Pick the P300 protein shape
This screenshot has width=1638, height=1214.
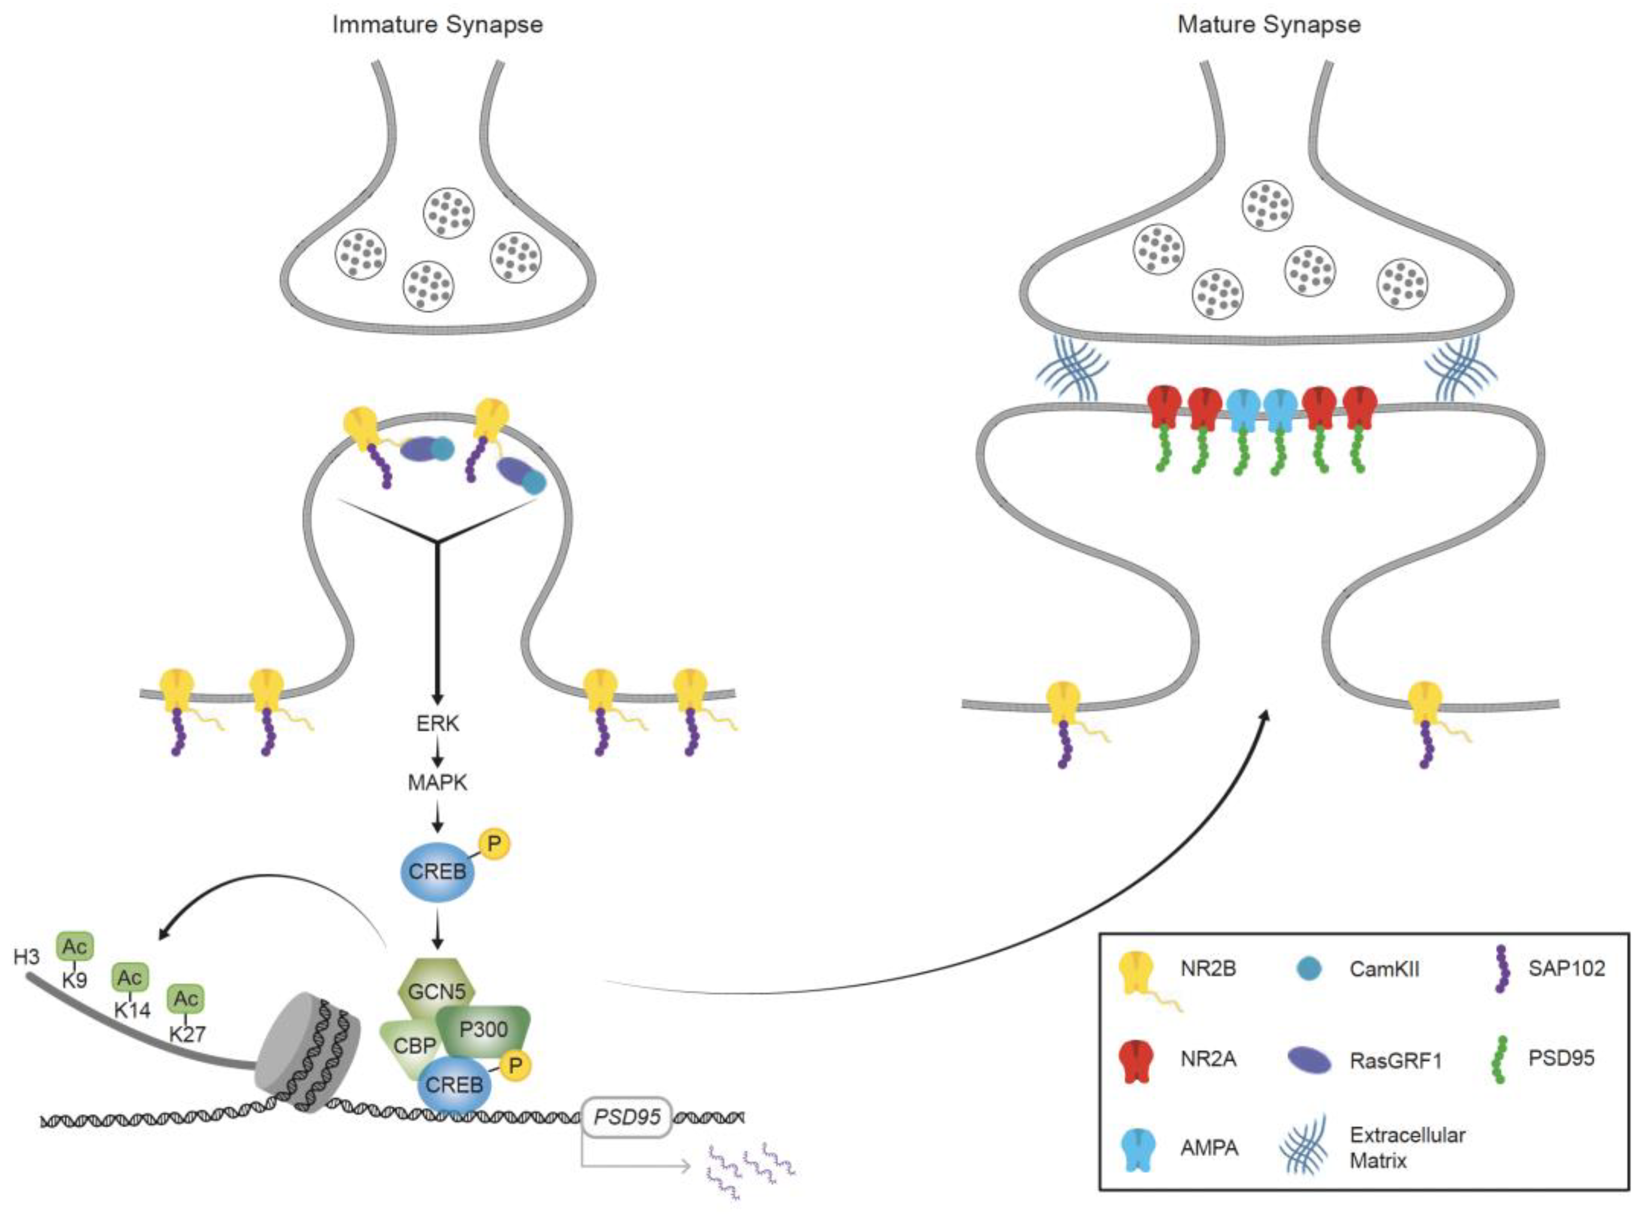[483, 1030]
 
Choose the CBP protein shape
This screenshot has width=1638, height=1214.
[411, 1045]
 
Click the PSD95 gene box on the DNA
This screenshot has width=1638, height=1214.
[627, 1118]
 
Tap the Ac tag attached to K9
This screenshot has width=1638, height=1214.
[75, 947]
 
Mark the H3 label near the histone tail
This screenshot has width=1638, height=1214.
[26, 957]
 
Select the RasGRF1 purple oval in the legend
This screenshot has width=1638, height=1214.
[1309, 1060]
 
